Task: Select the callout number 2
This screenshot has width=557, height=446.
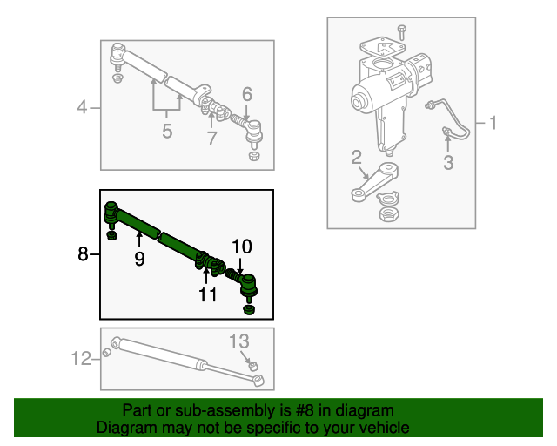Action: tap(356, 157)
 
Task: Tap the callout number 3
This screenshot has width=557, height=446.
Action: tap(447, 163)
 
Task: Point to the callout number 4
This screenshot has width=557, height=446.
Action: tap(83, 108)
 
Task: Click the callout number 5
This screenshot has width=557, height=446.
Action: tap(167, 132)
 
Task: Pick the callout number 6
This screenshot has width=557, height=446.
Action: tap(247, 94)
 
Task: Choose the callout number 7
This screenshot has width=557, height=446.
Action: tap(211, 139)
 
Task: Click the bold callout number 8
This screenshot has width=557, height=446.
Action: tap(83, 254)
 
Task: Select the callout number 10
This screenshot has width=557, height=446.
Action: tap(241, 247)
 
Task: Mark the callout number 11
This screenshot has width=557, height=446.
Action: tap(207, 294)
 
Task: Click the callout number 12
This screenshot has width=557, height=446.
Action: tap(81, 357)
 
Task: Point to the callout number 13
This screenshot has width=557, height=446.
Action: tap(239, 341)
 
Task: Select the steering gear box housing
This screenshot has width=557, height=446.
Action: tap(383, 96)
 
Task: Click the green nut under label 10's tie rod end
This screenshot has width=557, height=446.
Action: tap(248, 309)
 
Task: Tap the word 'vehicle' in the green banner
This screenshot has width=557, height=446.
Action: tap(381, 428)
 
